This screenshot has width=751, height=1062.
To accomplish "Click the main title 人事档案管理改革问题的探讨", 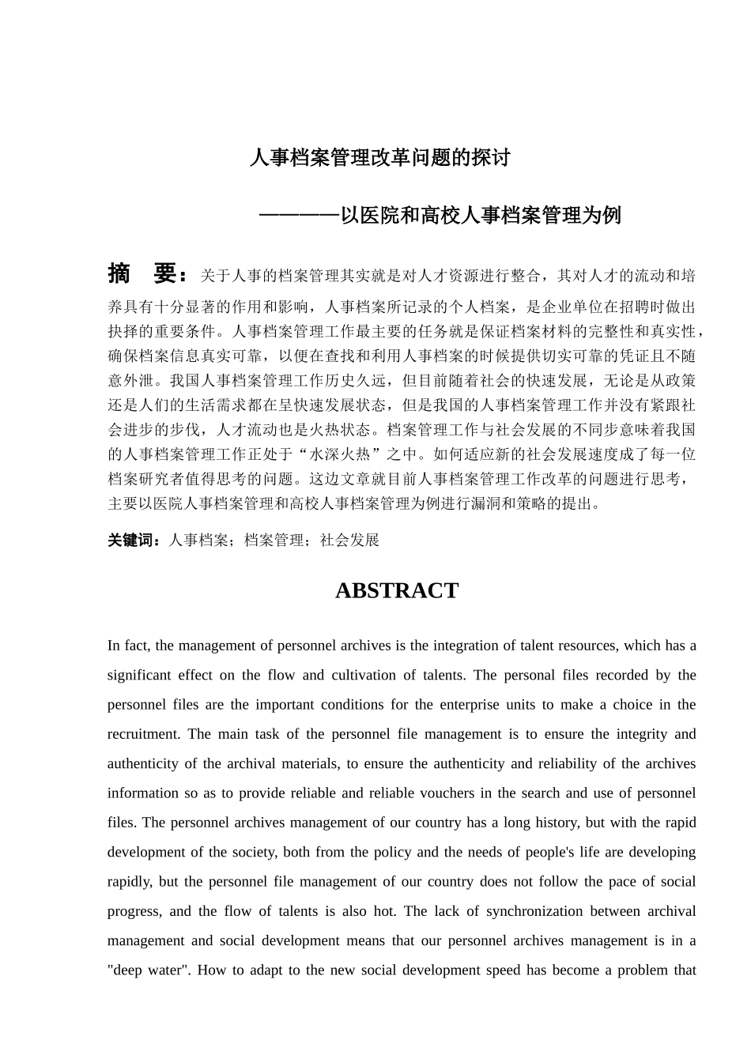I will (379, 158).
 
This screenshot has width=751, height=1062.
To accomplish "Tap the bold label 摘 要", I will (147, 274).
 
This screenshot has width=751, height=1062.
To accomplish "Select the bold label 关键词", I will (134, 540).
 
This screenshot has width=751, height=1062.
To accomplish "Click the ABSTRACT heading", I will (396, 591).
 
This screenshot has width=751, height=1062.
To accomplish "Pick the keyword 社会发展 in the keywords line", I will (349, 540).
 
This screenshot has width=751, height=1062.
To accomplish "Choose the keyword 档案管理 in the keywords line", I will (274, 540).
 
